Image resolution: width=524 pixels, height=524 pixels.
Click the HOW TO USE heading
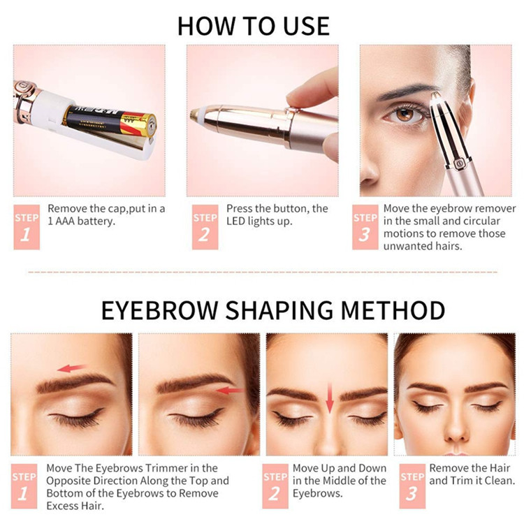click(253, 25)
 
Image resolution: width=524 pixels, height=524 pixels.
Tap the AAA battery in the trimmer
click(112, 119)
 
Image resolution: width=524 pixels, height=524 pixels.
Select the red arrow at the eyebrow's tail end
click(231, 391)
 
